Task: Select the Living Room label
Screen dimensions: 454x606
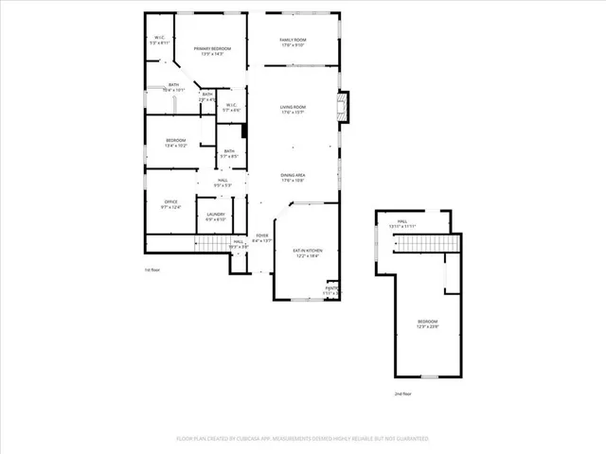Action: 293,110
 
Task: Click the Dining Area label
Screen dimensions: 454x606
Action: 293,178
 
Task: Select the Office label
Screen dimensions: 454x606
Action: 170,204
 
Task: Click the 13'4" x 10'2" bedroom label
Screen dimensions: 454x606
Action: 176,144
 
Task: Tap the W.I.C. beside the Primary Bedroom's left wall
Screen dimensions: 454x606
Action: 161,41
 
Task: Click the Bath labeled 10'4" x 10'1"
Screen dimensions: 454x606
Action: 173,88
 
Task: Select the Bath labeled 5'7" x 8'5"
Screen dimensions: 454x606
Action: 229,153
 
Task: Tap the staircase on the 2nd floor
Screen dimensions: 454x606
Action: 417,245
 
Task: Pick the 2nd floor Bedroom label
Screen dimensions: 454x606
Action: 428,324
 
